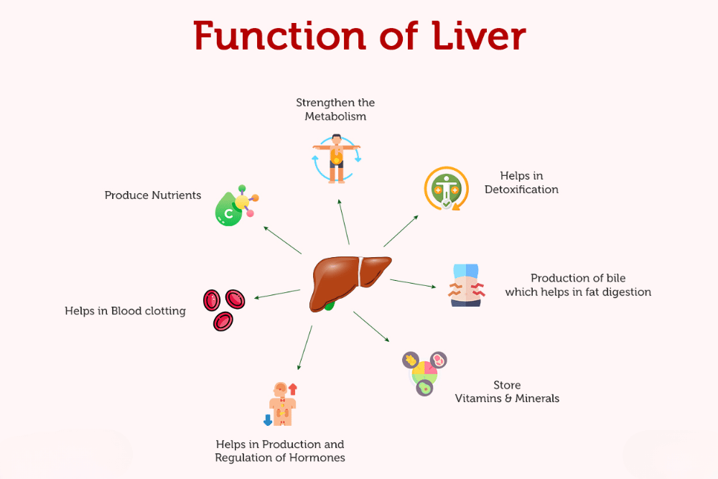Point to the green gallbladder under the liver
330,305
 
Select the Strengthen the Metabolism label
335,110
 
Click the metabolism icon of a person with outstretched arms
336,157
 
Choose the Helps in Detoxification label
521,182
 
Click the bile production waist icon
466,286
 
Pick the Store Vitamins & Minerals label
507,391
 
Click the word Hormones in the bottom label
314,457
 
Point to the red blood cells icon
224,310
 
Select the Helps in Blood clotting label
125,311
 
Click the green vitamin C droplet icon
229,211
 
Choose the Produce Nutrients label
153,195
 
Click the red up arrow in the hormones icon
293,389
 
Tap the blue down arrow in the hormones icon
267,419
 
